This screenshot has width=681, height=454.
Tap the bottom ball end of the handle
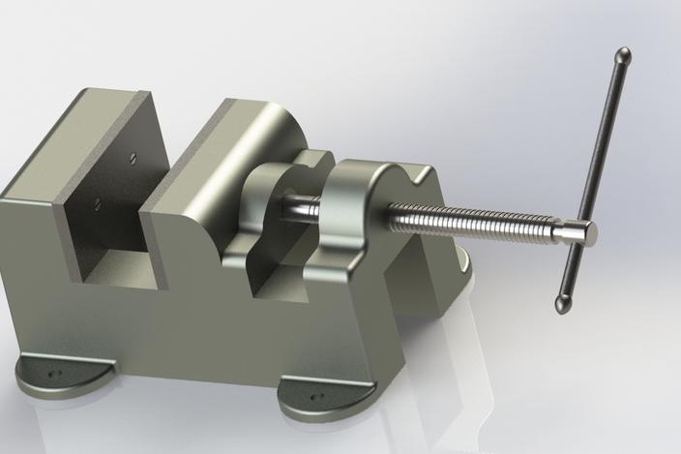point(562,304)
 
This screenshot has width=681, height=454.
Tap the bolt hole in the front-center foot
point(312,396)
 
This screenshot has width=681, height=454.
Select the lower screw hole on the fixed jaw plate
point(97,203)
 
